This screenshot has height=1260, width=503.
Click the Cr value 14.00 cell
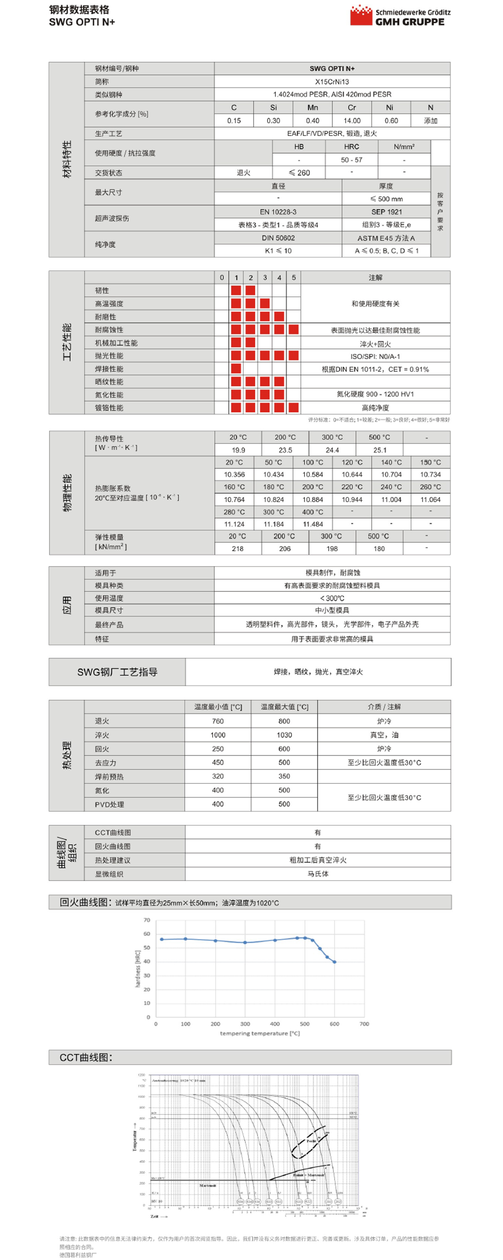(352, 121)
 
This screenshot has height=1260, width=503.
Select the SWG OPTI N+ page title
(82, 22)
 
